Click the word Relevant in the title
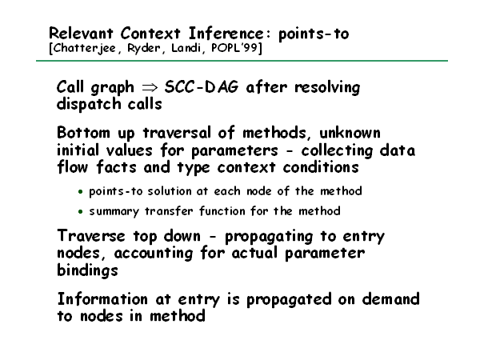[x=81, y=34]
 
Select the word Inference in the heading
[x=226, y=34]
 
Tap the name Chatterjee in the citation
[x=83, y=48]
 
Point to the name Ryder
[x=144, y=48]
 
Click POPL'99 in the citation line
[x=235, y=48]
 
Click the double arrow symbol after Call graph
[x=150, y=88]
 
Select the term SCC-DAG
[x=201, y=87]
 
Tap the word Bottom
[x=83, y=133]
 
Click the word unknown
[x=350, y=133]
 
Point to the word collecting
[x=337, y=150]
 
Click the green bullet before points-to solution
[x=80, y=192]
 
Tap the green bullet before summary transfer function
[x=80, y=211]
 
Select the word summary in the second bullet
[x=114, y=211]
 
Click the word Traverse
[x=91, y=236]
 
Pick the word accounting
[x=154, y=254]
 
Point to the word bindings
[x=87, y=270]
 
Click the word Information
[x=102, y=299]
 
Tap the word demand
[x=391, y=299]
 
